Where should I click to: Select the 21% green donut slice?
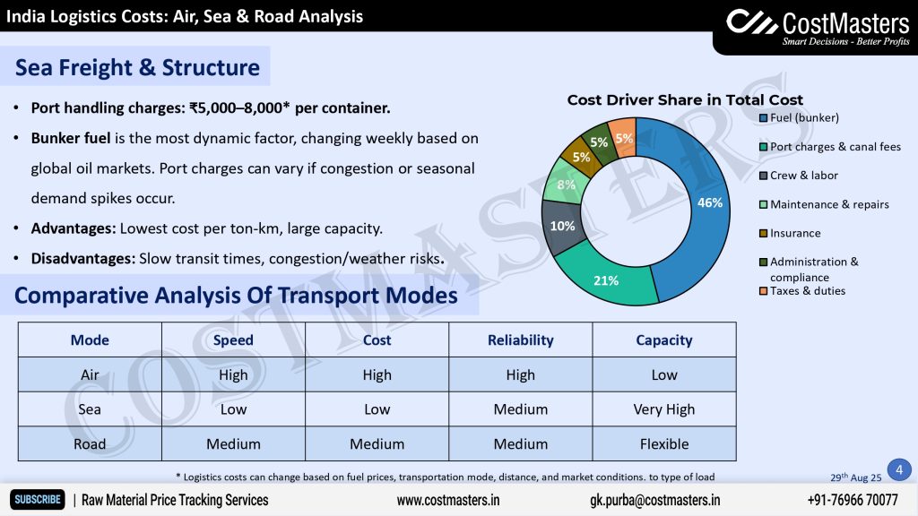pos(606,280)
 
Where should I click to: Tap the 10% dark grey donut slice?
pos(562,227)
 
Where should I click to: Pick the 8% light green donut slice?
pos(565,183)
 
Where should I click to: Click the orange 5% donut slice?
pos(624,137)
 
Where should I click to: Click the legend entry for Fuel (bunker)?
pos(799,117)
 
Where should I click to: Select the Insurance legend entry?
pos(790,233)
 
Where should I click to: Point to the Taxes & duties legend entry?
pos(802,291)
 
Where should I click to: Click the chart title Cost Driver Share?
pos(685,100)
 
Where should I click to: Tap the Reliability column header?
pos(521,340)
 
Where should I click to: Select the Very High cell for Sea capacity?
pos(664,409)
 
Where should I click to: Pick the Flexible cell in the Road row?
pos(664,444)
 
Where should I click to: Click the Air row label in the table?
pos(90,375)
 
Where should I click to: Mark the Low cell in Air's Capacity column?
pos(664,375)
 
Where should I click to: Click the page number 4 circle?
pos(899,469)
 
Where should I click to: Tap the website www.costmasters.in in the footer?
pos(448,500)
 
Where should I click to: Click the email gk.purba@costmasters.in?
pos(655,500)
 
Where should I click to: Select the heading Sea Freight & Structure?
pos(137,67)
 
